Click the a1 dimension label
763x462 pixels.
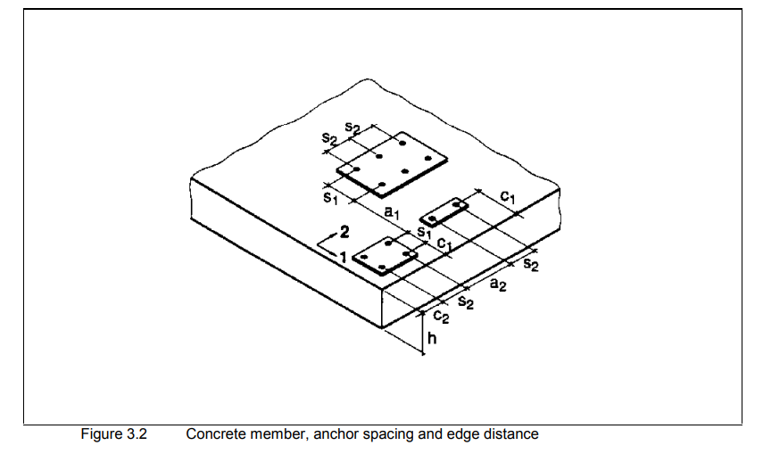click(x=392, y=212)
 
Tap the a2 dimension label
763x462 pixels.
click(x=497, y=284)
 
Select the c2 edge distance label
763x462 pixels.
click(x=441, y=317)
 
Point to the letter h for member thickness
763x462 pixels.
click(x=432, y=337)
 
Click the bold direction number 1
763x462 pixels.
click(x=343, y=257)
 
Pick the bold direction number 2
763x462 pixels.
click(x=344, y=232)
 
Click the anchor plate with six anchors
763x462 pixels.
click(x=392, y=164)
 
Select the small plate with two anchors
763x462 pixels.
click(x=444, y=211)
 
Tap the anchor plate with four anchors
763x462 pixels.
click(x=386, y=255)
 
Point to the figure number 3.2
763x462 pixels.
click(x=137, y=433)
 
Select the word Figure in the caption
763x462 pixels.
click(x=101, y=434)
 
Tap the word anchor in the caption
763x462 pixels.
click(x=335, y=434)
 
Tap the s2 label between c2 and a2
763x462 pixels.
click(x=466, y=302)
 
